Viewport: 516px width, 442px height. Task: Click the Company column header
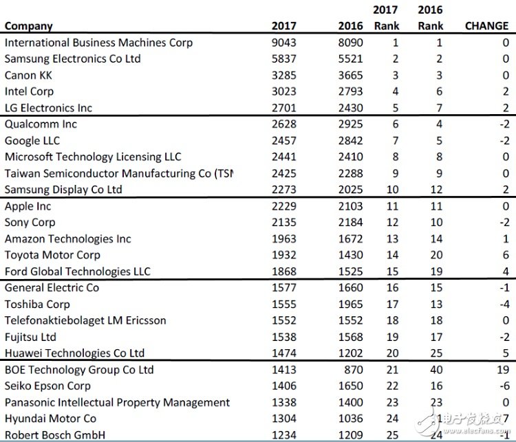[x=29, y=26]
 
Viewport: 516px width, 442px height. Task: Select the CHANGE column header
[x=487, y=26]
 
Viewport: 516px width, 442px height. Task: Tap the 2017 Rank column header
[x=386, y=18]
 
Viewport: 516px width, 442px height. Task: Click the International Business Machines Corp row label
[x=98, y=43]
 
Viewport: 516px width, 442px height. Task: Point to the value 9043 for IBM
[x=283, y=43]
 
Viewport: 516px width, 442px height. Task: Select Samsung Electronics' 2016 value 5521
[x=350, y=59]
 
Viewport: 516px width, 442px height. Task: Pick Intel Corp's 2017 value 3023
[x=283, y=91]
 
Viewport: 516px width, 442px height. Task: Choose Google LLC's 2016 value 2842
[x=350, y=141]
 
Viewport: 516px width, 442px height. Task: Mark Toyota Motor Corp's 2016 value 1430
[x=350, y=255]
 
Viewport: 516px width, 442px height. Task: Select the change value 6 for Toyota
[x=506, y=255]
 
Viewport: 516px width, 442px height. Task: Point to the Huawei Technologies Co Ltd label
[x=74, y=353]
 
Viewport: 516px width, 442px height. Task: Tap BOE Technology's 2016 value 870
[x=353, y=370]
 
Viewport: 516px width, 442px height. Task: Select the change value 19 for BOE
[x=503, y=370]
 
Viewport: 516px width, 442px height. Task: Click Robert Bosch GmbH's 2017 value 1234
[x=283, y=435]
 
